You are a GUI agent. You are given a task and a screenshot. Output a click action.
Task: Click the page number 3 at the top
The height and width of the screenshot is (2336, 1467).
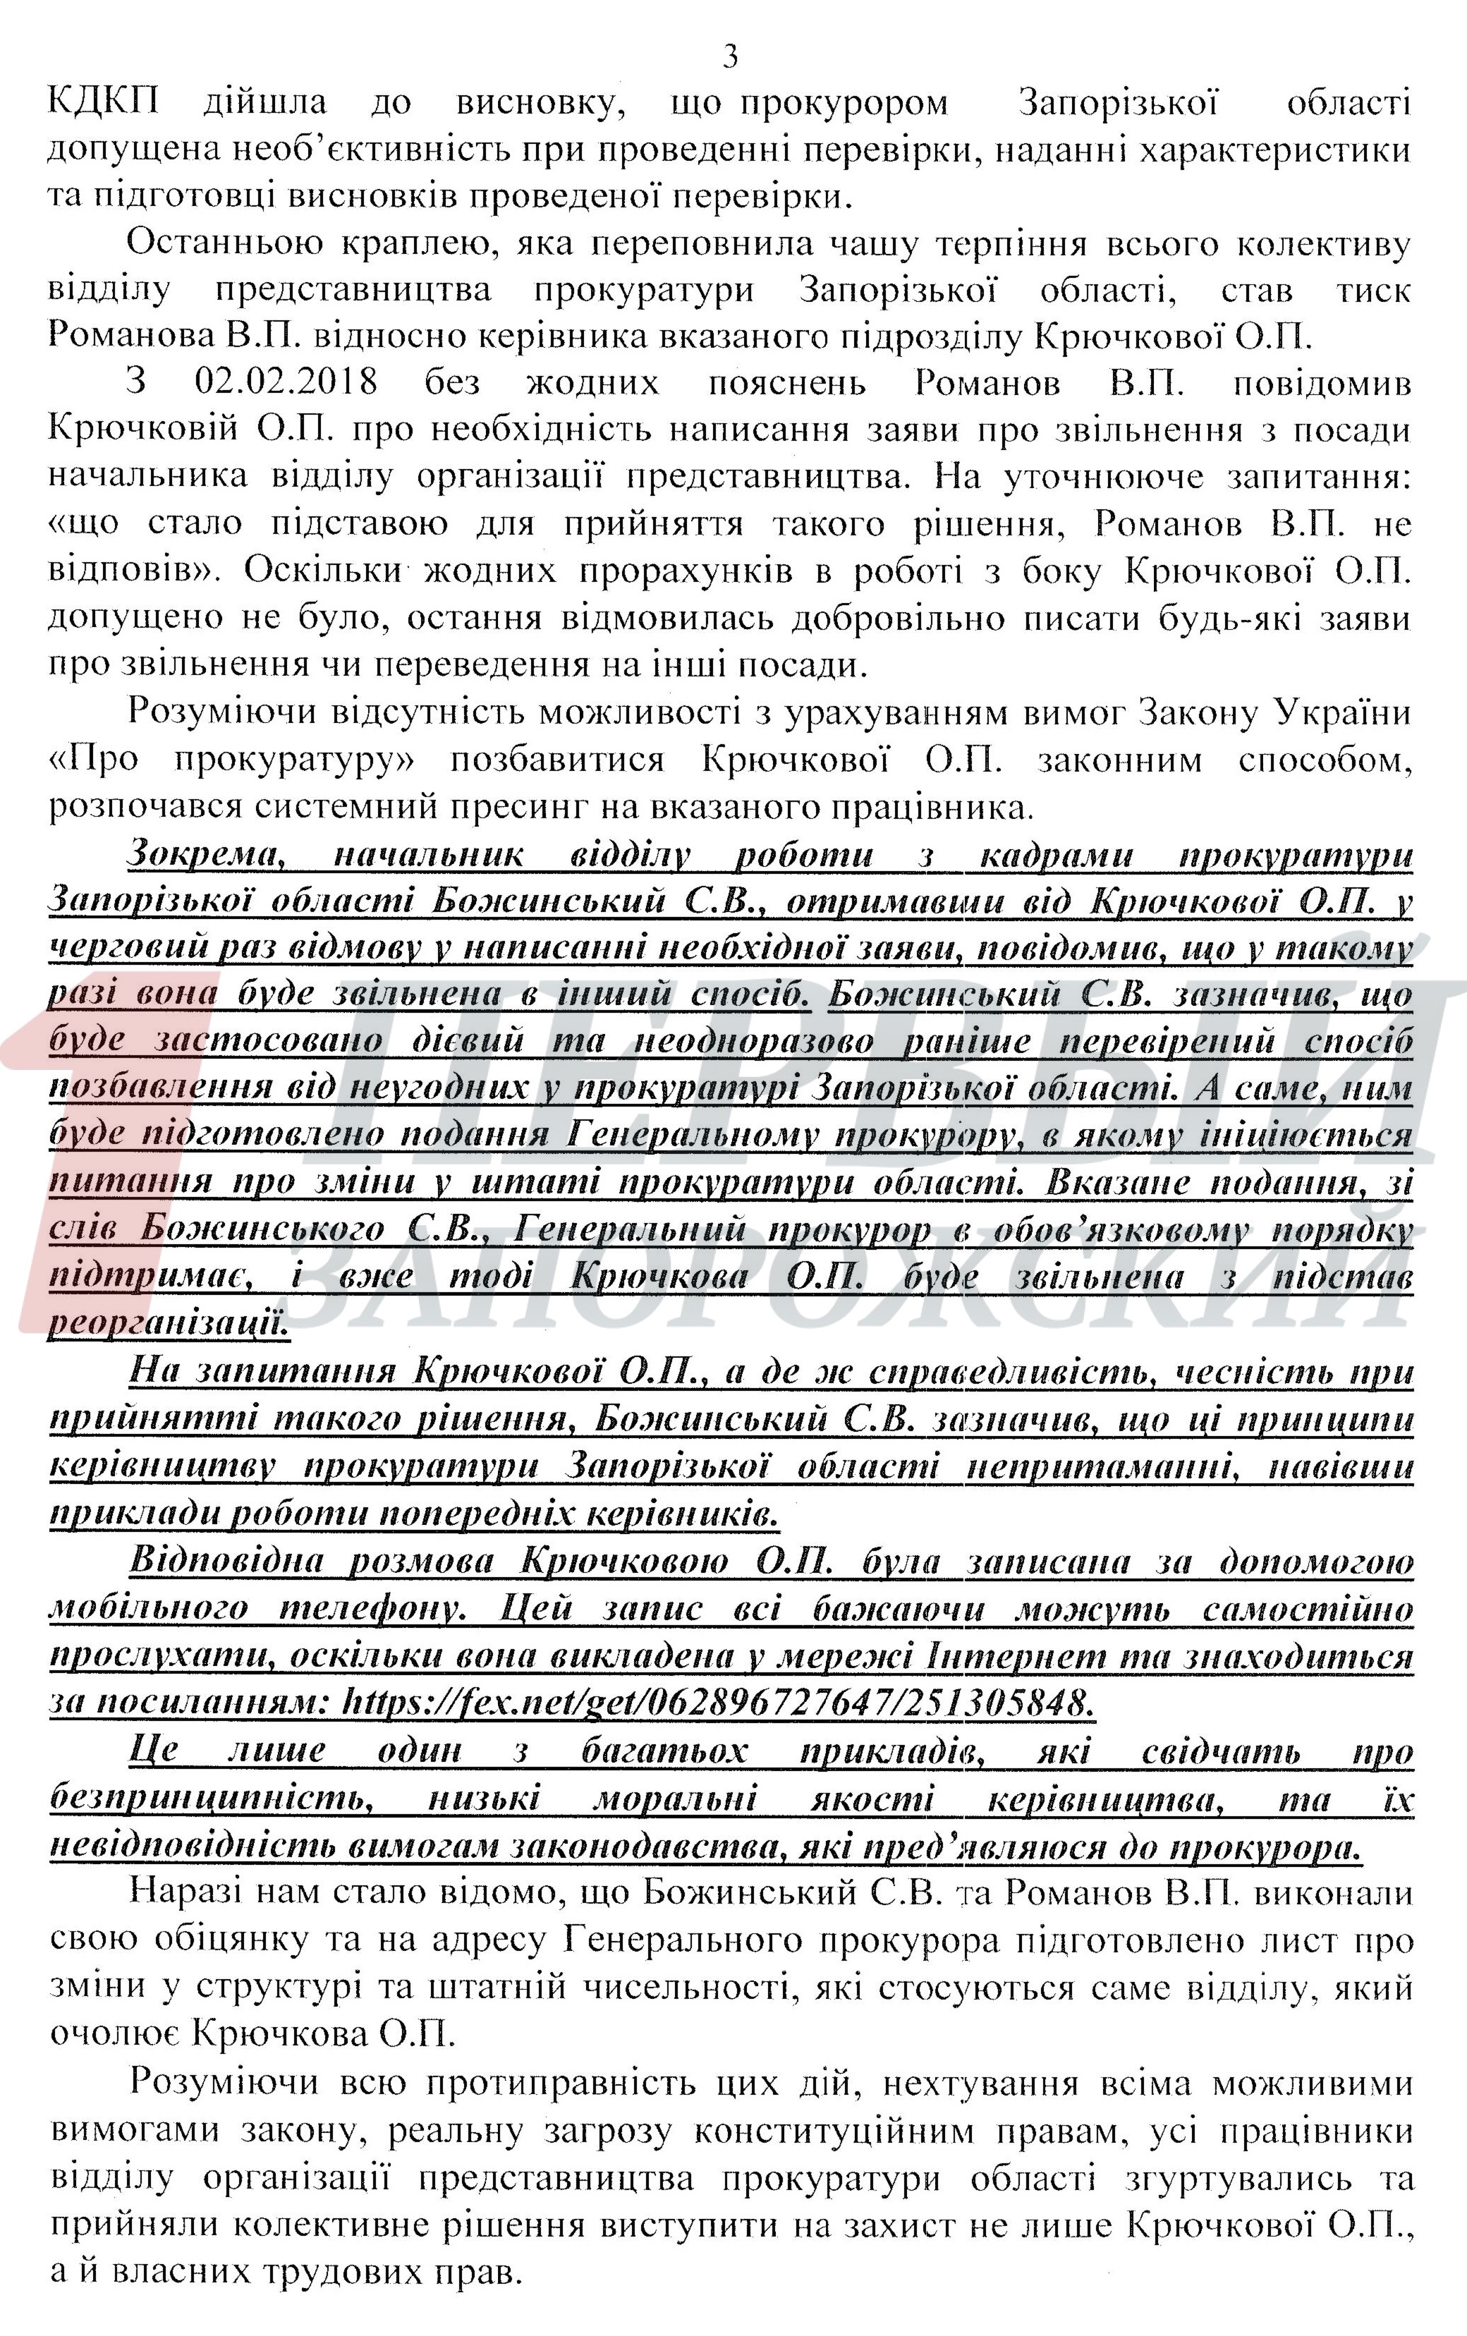(731, 57)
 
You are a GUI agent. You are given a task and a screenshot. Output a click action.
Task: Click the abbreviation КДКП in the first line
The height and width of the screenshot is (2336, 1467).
(105, 103)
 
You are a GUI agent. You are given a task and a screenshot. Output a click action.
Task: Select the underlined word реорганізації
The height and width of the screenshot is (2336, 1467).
(168, 1323)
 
